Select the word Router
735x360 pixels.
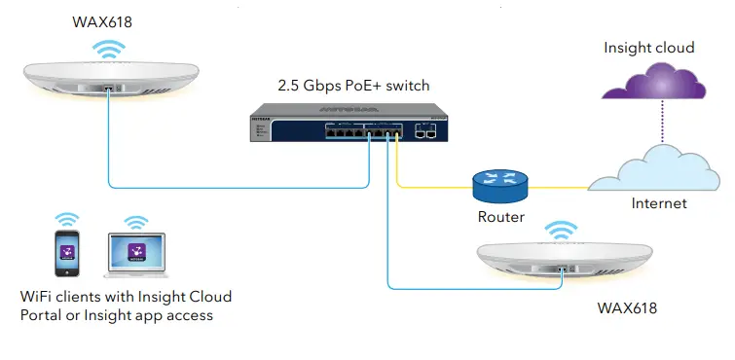click(501, 217)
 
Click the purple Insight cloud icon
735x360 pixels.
click(643, 84)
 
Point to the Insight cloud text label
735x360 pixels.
click(648, 47)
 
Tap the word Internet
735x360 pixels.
click(659, 203)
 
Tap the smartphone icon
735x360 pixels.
click(67, 255)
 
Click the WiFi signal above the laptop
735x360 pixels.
click(135, 223)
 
